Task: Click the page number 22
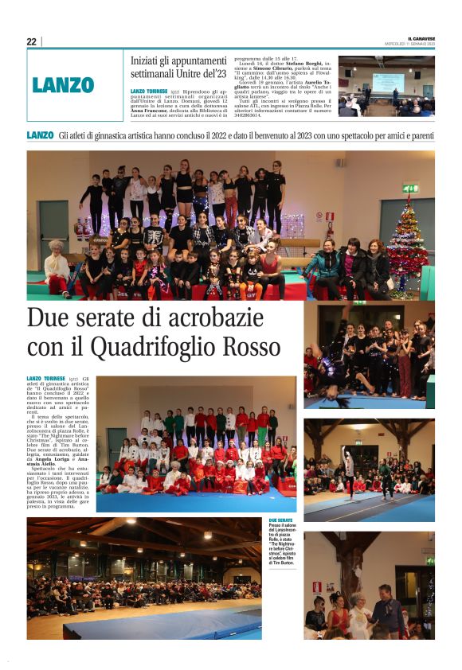[x=31, y=41]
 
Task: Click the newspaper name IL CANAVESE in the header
[x=421, y=37]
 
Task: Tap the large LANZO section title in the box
[x=64, y=85]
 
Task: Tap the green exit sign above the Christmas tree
[x=409, y=189]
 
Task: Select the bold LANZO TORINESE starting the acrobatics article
[x=47, y=378]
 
